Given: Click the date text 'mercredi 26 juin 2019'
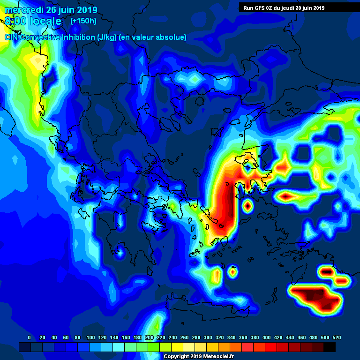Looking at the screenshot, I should [x=51, y=10].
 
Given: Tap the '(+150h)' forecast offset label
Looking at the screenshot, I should [x=83, y=21].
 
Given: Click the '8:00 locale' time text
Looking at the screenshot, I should [x=33, y=21].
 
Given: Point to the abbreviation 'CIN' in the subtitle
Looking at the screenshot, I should [x=13, y=37].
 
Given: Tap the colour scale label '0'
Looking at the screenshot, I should [x=29, y=337].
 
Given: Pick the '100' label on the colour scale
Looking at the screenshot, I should [x=90, y=337].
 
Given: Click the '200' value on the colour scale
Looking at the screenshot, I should [x=149, y=337].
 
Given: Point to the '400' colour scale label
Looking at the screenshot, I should [x=266, y=337].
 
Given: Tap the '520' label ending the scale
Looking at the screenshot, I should [x=337, y=337].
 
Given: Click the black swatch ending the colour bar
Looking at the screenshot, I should [x=330, y=347].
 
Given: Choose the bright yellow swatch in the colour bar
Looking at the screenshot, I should [x=177, y=347].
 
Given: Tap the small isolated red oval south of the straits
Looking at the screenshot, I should [x=247, y=205].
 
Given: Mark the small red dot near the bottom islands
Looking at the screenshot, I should [x=233, y=271].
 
